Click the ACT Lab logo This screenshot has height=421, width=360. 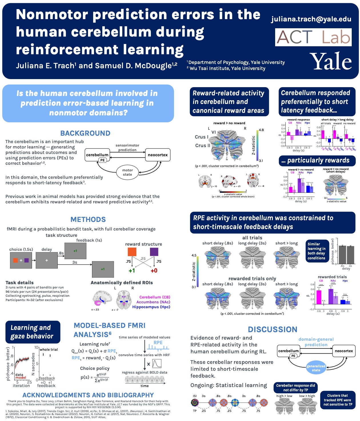pyautogui.click(x=313, y=37)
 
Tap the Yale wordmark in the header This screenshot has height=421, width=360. pyautogui.click(x=331, y=61)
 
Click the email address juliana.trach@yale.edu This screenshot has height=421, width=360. pyautogui.click(x=311, y=19)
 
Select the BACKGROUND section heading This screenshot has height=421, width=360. pyautogui.click(x=85, y=133)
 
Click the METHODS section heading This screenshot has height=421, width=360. pyautogui.click(x=88, y=219)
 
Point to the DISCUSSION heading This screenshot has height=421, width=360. pyautogui.click(x=273, y=329)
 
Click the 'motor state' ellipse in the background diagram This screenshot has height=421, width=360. pyautogui.click(x=127, y=172)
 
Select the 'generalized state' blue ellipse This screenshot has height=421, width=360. pyautogui.click(x=316, y=368)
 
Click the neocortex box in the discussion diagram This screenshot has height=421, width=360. pyautogui.click(x=344, y=351)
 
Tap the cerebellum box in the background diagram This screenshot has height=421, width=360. pyautogui.click(x=97, y=155)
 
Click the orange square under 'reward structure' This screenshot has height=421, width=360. pyautogui.click(x=132, y=252)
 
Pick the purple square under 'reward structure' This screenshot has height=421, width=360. pyautogui.click(x=154, y=252)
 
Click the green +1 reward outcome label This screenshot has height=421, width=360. pyautogui.click(x=132, y=270)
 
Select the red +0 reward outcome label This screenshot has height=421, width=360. pyautogui.click(x=154, y=270)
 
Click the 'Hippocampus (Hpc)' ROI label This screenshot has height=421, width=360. pyautogui.click(x=151, y=307)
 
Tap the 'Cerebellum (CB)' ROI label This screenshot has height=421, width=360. pyautogui.click(x=155, y=297)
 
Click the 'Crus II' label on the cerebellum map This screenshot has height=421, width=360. pyautogui.click(x=203, y=146)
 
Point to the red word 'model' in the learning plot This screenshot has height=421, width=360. pyautogui.click(x=21, y=378)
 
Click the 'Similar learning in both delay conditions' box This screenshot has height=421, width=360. pyautogui.click(x=317, y=251)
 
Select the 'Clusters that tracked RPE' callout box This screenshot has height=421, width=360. pyautogui.click(x=337, y=400)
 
